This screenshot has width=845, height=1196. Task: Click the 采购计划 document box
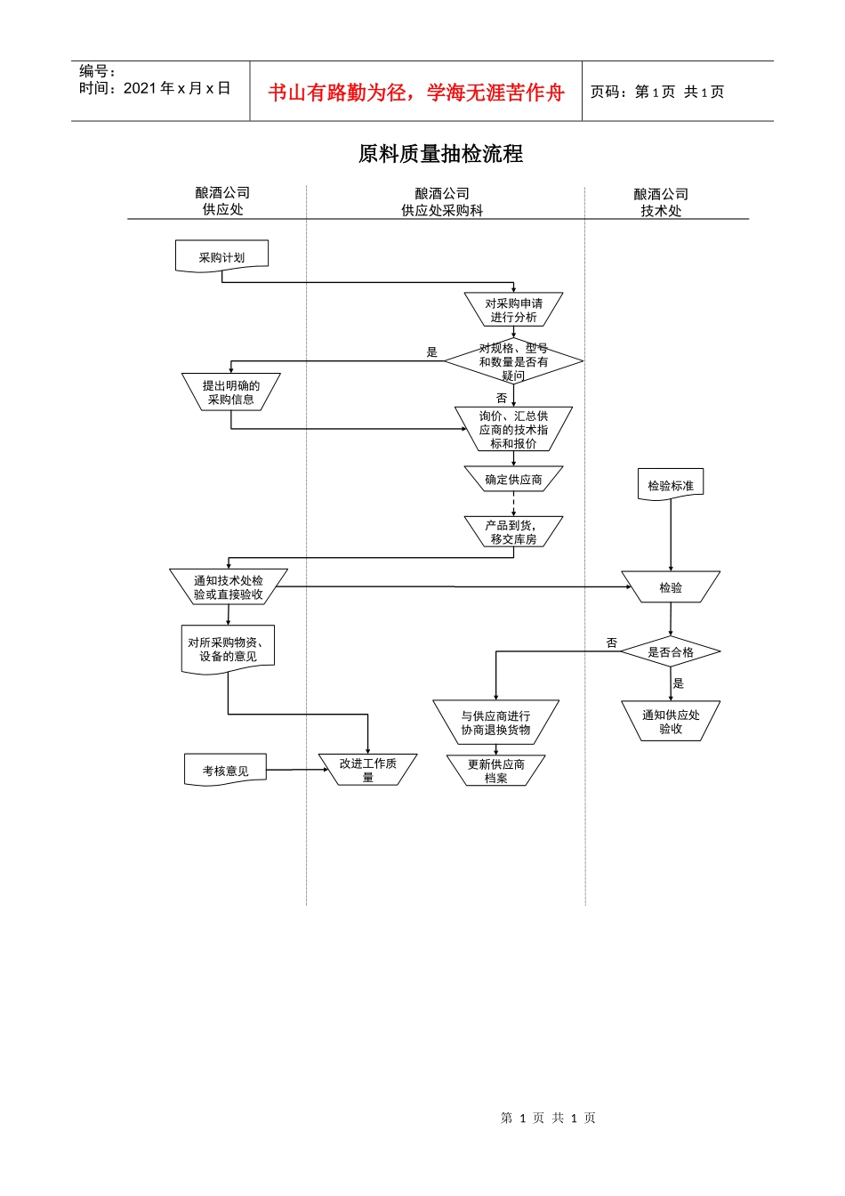(221, 256)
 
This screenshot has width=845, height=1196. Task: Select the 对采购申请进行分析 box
(513, 310)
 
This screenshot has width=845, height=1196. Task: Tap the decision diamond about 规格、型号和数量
(513, 361)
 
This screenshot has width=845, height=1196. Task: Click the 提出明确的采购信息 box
(230, 392)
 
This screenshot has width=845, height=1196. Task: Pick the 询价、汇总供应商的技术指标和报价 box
(513, 429)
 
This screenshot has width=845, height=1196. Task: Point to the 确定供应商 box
(513, 480)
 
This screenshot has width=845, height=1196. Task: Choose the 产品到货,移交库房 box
(513, 532)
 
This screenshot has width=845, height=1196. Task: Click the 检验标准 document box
(671, 485)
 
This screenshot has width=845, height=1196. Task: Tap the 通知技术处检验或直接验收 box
(229, 587)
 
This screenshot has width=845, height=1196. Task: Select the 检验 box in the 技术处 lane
(671, 587)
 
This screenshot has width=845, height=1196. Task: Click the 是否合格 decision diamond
(671, 652)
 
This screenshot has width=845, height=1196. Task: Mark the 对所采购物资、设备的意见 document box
(228, 650)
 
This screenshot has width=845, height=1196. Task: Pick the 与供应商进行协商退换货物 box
(495, 722)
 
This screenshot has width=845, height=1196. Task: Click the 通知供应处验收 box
(671, 721)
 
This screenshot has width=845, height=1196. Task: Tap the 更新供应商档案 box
(495, 771)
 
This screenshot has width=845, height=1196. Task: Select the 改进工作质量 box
(367, 770)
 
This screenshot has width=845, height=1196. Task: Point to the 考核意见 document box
(225, 770)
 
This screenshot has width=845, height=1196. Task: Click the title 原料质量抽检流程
(440, 154)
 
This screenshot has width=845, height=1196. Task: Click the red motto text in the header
(416, 93)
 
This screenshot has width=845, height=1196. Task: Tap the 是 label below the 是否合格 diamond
(679, 683)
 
